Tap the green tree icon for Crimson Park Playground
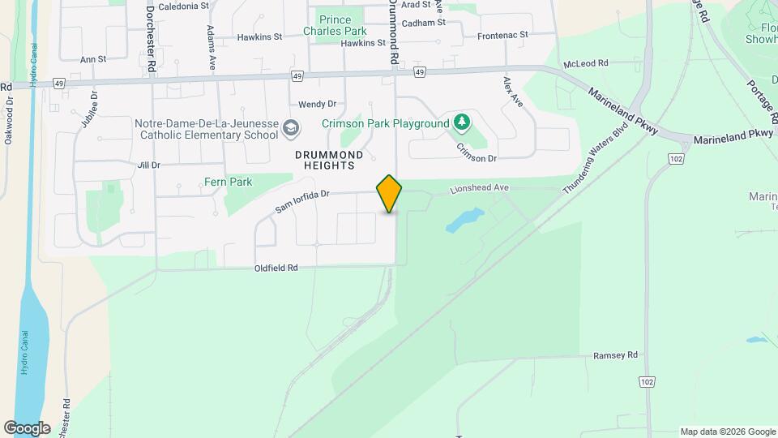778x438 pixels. (462, 122)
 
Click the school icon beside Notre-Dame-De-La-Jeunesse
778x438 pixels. (291, 128)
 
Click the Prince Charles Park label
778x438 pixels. (335, 25)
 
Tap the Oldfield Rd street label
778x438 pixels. (276, 268)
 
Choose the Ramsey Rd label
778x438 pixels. (616, 355)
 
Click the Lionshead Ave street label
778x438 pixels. (480, 188)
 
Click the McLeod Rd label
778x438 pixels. (586, 62)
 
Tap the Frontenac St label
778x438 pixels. (502, 36)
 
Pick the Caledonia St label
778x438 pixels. (183, 6)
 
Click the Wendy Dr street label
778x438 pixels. (317, 105)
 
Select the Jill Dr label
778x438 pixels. (149, 165)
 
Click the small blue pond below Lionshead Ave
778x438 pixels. (464, 219)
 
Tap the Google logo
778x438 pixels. (28, 427)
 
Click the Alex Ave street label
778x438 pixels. (512, 92)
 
